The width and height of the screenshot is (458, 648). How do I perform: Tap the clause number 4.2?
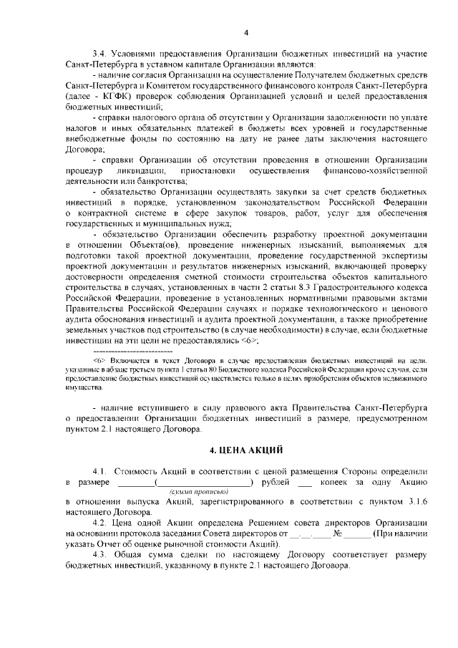pyautogui.click(x=100, y=524)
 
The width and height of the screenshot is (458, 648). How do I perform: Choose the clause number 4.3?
pyautogui.click(x=100, y=556)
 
